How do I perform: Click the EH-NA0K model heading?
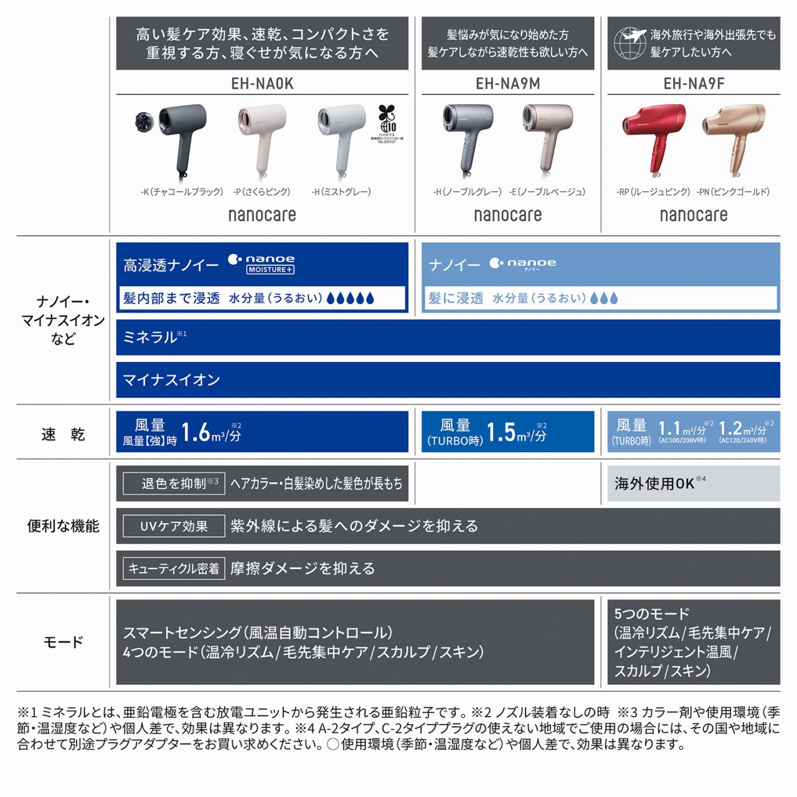[262, 83]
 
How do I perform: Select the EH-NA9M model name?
[507, 83]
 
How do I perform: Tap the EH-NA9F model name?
[694, 83]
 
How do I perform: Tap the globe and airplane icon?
[630, 43]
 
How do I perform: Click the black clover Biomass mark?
[387, 118]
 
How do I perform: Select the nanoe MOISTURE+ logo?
[262, 263]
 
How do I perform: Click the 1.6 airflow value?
[195, 432]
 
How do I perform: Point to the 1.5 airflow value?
[501, 432]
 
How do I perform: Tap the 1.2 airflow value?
[730, 428]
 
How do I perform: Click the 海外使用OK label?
[654, 484]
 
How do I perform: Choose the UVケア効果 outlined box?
[174, 526]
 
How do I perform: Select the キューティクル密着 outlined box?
[174, 568]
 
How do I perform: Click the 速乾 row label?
[63, 435]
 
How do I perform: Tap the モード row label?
[63, 642]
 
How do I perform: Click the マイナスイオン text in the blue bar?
[172, 380]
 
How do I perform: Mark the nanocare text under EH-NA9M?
[507, 215]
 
